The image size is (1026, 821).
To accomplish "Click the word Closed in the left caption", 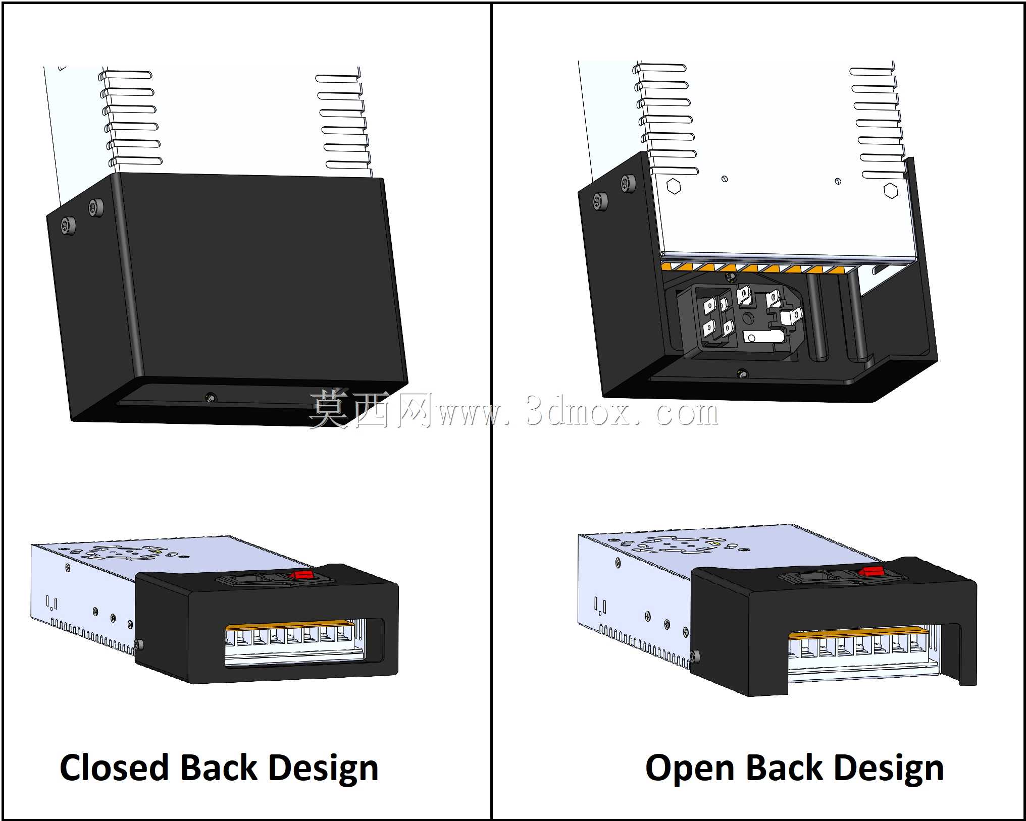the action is point(114,768).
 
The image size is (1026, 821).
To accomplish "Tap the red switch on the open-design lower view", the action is point(873,571).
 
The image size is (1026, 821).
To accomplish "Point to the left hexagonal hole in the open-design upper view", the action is point(674,186).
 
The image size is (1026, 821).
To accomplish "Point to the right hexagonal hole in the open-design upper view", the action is point(891,190).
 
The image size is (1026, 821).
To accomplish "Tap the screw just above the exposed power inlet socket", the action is point(730,277).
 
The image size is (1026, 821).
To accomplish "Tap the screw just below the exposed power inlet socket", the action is point(742,373).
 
